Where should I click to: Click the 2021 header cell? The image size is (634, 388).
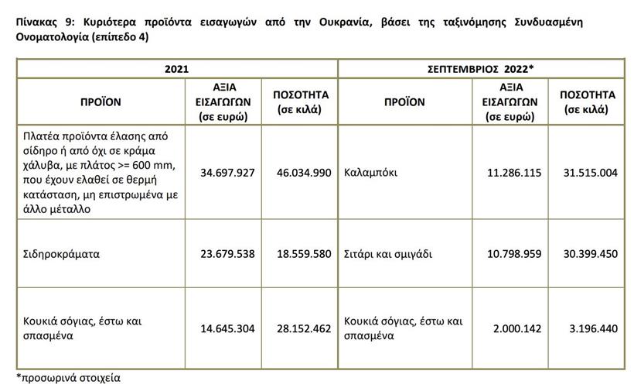(176, 69)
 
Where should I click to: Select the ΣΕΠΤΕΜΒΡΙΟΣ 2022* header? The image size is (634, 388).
(482, 69)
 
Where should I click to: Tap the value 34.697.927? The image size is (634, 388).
(227, 172)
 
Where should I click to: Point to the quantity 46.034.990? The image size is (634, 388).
(303, 172)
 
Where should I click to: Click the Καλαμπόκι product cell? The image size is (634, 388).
(371, 172)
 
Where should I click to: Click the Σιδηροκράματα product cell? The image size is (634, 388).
(62, 253)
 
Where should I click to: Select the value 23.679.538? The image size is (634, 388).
(227, 253)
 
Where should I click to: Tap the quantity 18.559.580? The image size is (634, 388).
(303, 253)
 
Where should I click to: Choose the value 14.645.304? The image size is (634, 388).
(227, 328)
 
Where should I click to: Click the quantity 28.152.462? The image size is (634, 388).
(303, 328)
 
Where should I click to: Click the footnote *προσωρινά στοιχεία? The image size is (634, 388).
(66, 379)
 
